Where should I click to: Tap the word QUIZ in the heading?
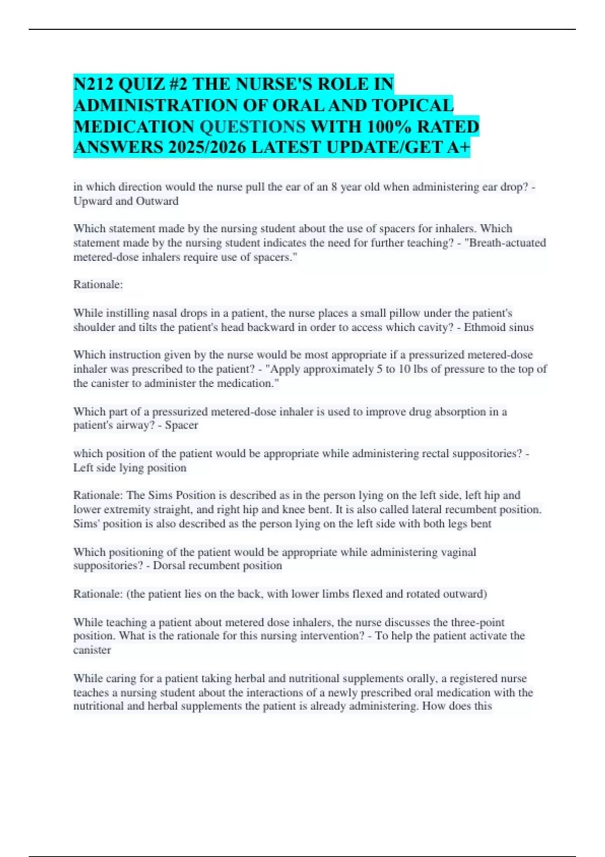tap(143, 84)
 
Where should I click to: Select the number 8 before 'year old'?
tap(334, 187)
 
